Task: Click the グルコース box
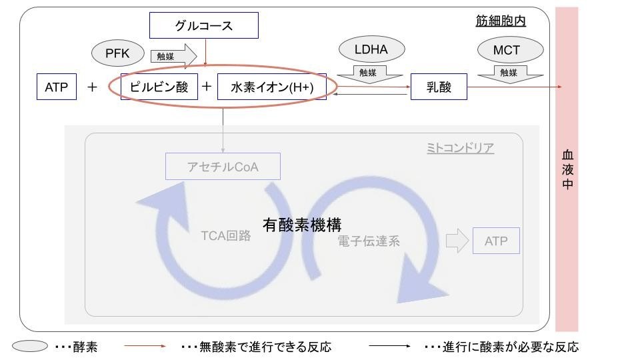(x=203, y=26)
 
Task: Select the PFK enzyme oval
(x=117, y=53)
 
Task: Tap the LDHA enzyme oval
(x=372, y=49)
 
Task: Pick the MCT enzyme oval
(x=507, y=50)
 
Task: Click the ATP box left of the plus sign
(x=57, y=87)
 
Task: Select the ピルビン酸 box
(x=159, y=87)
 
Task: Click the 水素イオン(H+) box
(x=272, y=87)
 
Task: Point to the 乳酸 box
(x=438, y=87)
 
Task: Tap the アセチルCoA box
(x=223, y=167)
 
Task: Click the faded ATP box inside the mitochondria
(x=496, y=241)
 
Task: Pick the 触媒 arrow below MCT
(x=507, y=72)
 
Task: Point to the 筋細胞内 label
(x=496, y=21)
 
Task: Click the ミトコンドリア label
(x=460, y=147)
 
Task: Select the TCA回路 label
(x=225, y=235)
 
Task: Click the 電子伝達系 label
(x=369, y=241)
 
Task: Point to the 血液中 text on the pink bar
(x=567, y=169)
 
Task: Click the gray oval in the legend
(x=30, y=347)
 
